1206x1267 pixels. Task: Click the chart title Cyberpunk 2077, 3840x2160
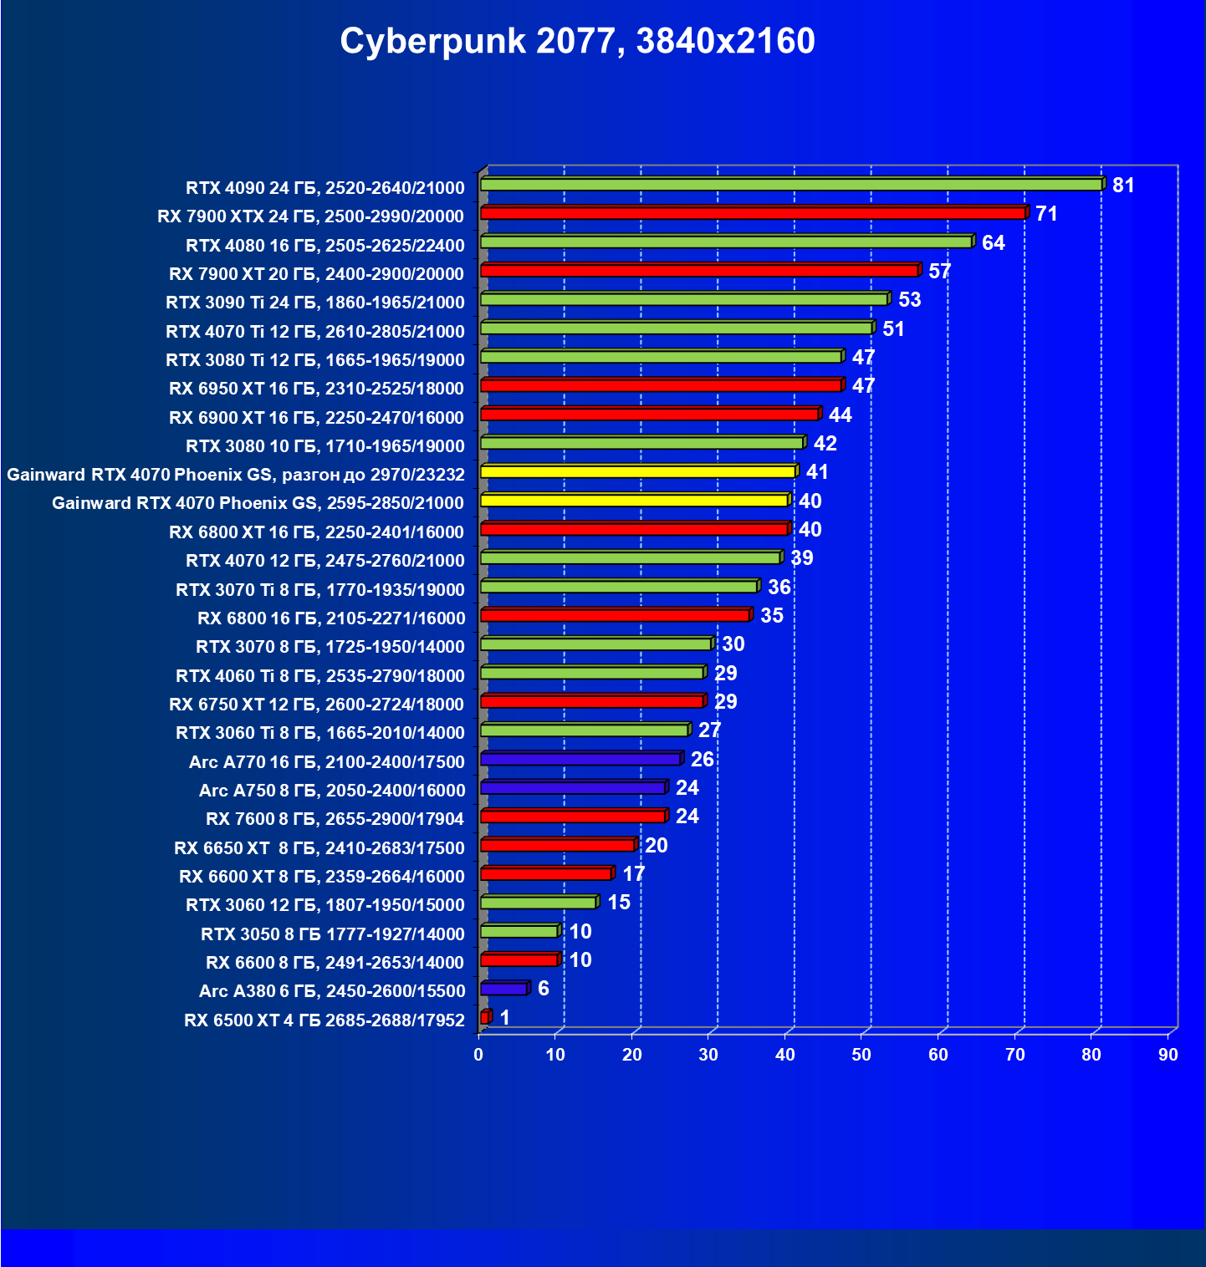577,41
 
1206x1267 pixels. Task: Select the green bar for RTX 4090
790,185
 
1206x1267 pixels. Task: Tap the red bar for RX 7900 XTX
753,213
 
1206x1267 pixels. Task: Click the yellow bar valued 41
637,472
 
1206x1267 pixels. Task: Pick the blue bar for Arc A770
580,759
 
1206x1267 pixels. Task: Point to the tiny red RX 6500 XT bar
484,1017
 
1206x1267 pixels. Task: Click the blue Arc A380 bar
503,989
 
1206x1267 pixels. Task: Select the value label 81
1123,186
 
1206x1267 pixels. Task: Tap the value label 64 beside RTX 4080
993,243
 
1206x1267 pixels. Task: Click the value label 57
939,271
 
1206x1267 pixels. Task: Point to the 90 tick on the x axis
1168,1055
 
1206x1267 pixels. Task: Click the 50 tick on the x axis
861,1055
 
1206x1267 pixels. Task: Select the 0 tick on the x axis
478,1055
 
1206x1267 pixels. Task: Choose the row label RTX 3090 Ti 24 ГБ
314,303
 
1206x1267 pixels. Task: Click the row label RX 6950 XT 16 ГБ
316,389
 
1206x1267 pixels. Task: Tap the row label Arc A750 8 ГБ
331,791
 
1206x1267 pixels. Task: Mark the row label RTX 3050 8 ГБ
332,934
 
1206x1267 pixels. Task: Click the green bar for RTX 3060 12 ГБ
538,903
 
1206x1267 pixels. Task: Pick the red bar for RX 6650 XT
557,845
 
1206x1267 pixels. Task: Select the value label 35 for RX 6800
771,616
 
